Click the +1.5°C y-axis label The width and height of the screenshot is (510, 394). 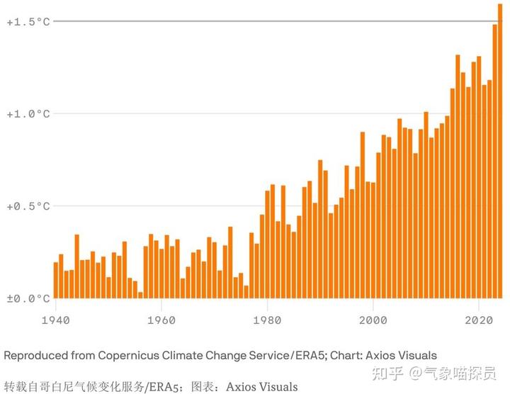pos(28,22)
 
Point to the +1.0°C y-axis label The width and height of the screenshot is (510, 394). pos(28,114)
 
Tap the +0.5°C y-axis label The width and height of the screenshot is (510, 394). pos(28,206)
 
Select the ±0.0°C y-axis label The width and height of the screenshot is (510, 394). pos(28,298)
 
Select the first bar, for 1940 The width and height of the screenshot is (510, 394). pos(56,281)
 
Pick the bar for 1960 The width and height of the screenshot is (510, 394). pos(161,274)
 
